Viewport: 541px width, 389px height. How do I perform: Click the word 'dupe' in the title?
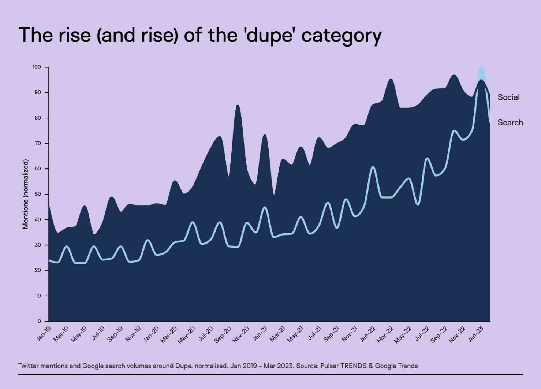(270, 36)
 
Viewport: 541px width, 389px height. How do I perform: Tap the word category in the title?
(342, 36)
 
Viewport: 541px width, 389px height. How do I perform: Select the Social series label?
(508, 97)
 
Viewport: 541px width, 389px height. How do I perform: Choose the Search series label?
(510, 122)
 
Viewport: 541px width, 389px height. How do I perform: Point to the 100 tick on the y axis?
(37, 67)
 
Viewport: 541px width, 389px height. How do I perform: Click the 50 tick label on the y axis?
(38, 194)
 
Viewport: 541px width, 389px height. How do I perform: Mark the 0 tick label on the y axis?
(39, 321)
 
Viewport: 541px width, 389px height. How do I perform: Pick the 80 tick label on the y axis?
(38, 118)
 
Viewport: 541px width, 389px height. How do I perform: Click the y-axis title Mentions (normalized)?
(25, 194)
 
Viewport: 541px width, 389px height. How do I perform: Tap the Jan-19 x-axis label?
(44, 334)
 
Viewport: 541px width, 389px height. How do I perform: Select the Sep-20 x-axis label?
(223, 335)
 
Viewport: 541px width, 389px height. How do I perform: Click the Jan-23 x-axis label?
(476, 334)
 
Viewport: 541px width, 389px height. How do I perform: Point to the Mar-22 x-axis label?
(385, 335)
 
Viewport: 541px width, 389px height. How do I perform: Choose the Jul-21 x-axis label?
(314, 334)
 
